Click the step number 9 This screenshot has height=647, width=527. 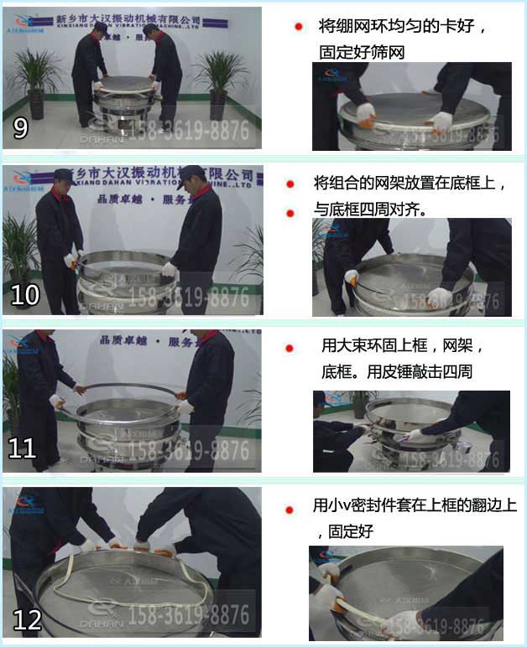[x=21, y=128]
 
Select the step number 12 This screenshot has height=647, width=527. [x=27, y=619]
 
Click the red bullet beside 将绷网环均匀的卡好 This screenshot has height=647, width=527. [x=298, y=27]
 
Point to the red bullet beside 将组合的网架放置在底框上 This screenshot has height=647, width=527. [x=290, y=184]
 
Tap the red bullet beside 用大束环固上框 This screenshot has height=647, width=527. [x=290, y=347]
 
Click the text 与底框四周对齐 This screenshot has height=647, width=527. [x=370, y=210]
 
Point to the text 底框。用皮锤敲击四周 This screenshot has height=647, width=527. [x=397, y=370]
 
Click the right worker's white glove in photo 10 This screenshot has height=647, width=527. [x=169, y=269]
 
